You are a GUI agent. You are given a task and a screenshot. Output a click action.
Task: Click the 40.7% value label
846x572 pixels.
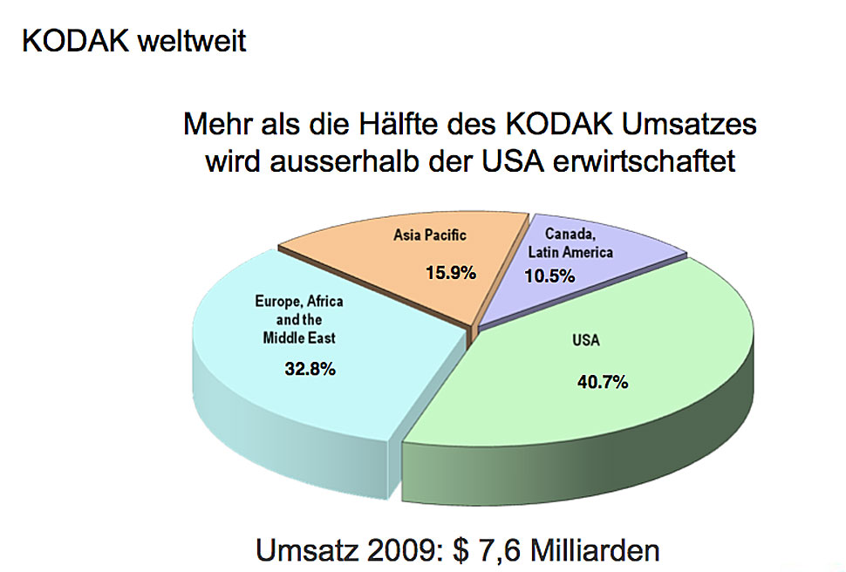pos(603,382)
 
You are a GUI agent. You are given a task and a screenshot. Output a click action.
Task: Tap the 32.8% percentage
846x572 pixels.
pos(310,369)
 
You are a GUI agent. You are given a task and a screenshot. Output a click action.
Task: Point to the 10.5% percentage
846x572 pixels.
pos(549,277)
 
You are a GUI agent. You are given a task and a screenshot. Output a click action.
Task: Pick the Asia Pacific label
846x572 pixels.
pos(430,235)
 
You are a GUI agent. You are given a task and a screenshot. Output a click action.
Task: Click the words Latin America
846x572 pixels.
pos(570,252)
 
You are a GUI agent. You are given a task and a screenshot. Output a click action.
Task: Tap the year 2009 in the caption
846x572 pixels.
pos(404,550)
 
